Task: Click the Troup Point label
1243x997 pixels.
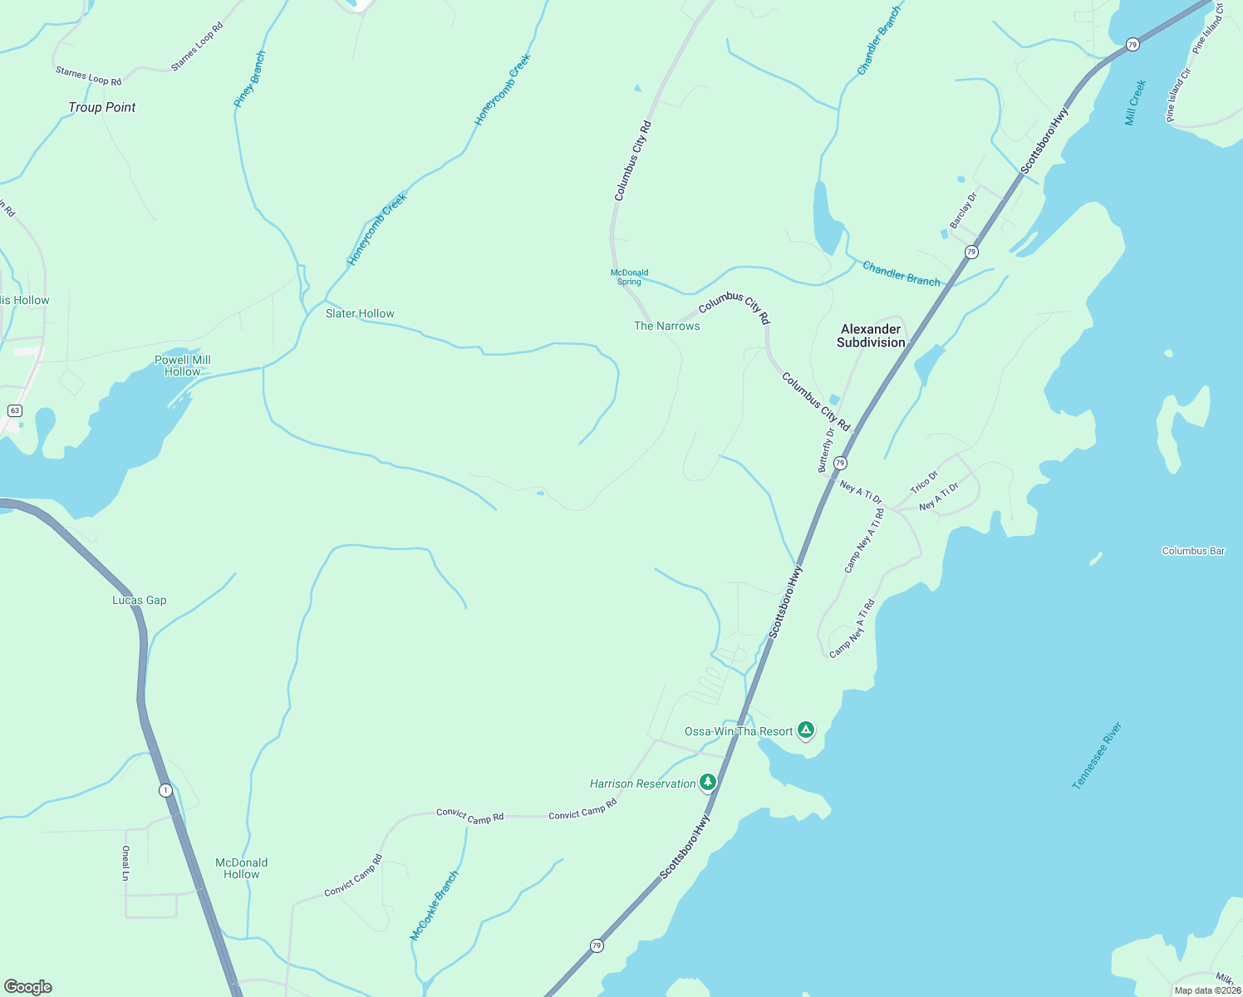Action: point(101,107)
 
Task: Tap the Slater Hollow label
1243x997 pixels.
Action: point(360,313)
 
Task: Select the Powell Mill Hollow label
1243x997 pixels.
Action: point(183,366)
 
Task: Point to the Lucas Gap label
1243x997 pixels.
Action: point(140,600)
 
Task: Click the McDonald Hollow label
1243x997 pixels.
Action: point(242,868)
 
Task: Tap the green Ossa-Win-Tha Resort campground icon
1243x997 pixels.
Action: point(805,730)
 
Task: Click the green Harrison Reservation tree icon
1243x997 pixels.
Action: point(708,782)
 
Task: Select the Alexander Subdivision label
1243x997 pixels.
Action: point(871,336)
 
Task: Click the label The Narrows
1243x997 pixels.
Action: point(667,326)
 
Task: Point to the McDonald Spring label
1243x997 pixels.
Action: point(629,277)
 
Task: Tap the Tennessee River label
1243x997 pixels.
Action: point(1097,755)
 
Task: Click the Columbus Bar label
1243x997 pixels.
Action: point(1193,551)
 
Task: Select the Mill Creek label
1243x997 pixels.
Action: point(1135,103)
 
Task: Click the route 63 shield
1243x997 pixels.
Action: point(14,410)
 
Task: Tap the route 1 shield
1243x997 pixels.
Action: point(166,790)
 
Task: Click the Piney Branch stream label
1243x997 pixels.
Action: point(249,79)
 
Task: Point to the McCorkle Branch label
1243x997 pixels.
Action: point(435,906)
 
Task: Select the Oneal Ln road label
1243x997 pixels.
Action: point(125,862)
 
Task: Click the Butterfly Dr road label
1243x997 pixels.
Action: point(827,449)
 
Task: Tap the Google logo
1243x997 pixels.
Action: point(28,987)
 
